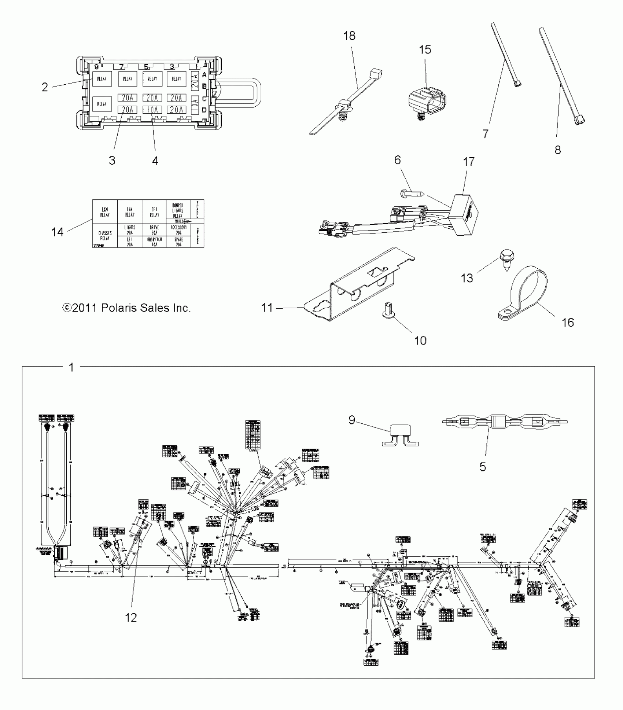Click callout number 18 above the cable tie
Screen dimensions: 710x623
[349, 36]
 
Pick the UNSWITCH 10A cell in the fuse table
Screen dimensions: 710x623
[154, 242]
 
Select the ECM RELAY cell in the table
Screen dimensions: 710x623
[105, 212]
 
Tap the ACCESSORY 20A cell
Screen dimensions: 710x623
[178, 230]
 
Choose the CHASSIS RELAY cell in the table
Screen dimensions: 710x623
[105, 235]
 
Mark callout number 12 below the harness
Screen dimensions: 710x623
[130, 618]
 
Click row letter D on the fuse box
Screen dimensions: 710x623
[204, 110]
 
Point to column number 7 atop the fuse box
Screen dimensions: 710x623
[122, 67]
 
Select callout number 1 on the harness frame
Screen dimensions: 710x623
[71, 367]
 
